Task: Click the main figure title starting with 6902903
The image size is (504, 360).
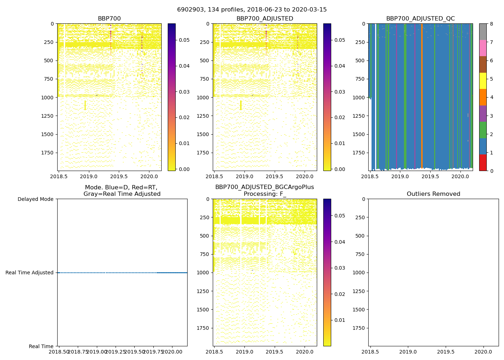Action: (x=252, y=10)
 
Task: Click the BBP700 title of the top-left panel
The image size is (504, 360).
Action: (x=109, y=19)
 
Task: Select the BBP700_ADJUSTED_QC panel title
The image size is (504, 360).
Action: (x=420, y=19)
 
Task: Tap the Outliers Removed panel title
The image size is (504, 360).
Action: (x=433, y=194)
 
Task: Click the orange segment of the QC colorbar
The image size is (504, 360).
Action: (x=483, y=97)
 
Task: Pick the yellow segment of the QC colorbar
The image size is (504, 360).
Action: (x=483, y=81)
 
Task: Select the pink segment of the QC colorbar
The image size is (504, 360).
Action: (x=483, y=48)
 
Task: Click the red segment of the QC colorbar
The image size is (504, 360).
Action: (x=483, y=163)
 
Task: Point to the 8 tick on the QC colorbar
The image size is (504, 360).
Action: (x=491, y=24)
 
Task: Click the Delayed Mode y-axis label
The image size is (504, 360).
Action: (x=35, y=199)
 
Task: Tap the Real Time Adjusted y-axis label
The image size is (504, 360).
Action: (x=30, y=273)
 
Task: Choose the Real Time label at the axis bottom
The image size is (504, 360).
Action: (x=41, y=346)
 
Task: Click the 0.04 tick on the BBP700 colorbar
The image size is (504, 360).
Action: (x=184, y=66)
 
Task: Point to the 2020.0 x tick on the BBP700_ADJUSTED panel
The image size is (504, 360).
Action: (x=305, y=176)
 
